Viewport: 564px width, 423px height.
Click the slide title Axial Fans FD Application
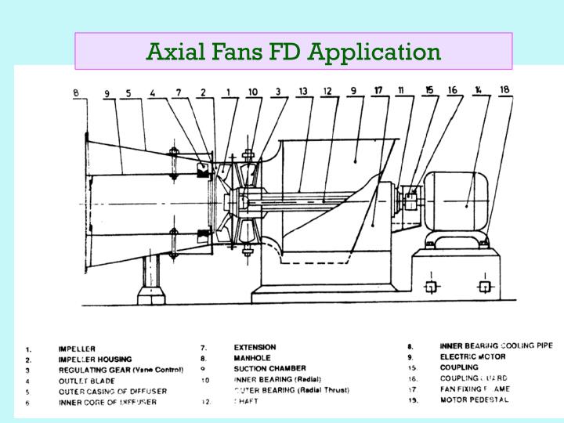(294, 52)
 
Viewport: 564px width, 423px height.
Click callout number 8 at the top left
(76, 92)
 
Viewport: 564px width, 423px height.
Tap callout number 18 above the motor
(504, 89)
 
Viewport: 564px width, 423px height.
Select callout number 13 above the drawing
(302, 91)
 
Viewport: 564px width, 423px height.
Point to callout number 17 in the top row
(378, 90)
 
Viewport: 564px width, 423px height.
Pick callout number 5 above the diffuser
(127, 93)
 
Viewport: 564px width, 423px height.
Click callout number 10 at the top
(252, 92)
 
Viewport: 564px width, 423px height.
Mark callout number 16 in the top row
(452, 90)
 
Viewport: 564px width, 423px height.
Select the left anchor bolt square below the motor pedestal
(430, 287)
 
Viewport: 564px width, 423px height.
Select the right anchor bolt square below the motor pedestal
(486, 287)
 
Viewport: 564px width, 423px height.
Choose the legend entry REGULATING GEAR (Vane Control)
(121, 370)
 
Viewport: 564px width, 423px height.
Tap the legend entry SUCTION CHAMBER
(269, 368)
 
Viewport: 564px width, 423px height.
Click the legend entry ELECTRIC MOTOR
(472, 356)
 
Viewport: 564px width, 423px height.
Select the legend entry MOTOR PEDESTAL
(475, 399)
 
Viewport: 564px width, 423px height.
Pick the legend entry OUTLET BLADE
(87, 381)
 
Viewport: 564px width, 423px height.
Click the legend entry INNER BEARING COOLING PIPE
(496, 345)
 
